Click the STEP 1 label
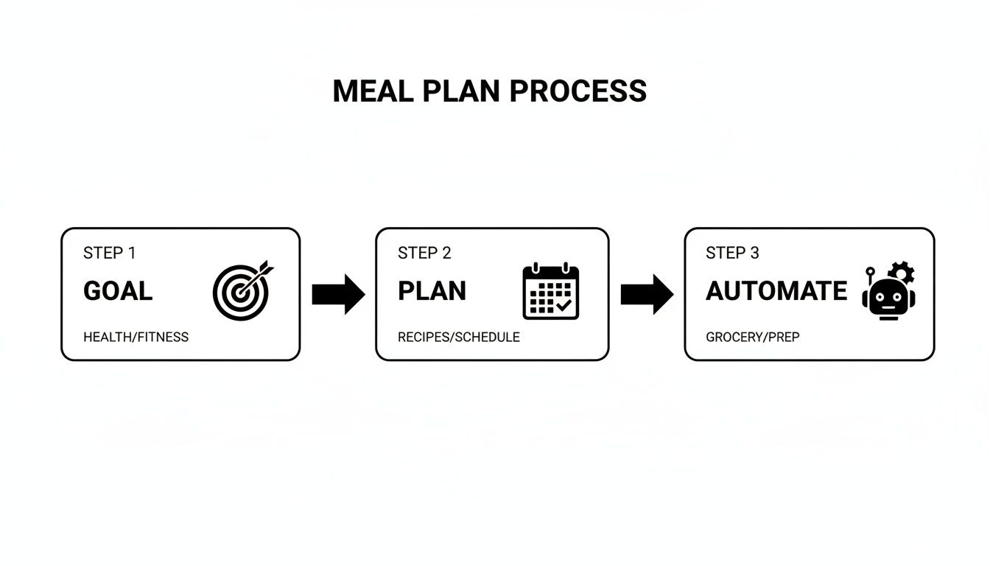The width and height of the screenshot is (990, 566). [109, 253]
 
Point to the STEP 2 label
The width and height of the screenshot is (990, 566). [424, 253]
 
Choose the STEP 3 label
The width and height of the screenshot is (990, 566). [732, 253]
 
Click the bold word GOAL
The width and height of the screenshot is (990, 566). [118, 291]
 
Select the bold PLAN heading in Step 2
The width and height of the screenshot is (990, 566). [432, 291]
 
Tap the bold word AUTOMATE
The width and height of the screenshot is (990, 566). [776, 291]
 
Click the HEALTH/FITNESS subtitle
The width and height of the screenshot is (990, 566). [136, 337]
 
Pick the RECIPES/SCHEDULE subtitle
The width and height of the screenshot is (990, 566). [458, 337]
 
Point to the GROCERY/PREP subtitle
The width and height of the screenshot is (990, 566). [752, 337]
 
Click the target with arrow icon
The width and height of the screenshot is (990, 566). [242, 291]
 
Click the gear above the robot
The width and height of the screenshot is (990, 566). [902, 272]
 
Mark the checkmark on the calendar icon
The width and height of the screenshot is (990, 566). [564, 304]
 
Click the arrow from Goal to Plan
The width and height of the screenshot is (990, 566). [338, 295]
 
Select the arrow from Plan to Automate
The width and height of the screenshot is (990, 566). [647, 295]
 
